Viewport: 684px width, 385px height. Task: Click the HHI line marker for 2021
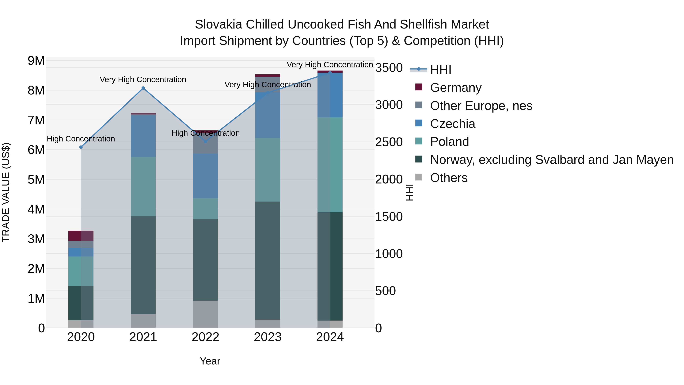143,88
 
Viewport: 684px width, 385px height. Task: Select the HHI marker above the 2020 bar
81,147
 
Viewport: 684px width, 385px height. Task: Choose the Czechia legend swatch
419,123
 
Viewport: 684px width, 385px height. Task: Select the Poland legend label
449,142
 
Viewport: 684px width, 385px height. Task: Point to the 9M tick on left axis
36,61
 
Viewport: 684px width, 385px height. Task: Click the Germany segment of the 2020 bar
81,236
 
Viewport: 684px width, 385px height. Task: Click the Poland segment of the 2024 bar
330,165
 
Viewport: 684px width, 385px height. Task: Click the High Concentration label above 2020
81,139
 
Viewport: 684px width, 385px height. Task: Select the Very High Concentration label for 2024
330,65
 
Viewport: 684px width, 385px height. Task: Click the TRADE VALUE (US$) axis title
6,192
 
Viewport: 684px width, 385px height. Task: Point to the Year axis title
210,361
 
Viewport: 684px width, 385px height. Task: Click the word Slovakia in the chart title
218,25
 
